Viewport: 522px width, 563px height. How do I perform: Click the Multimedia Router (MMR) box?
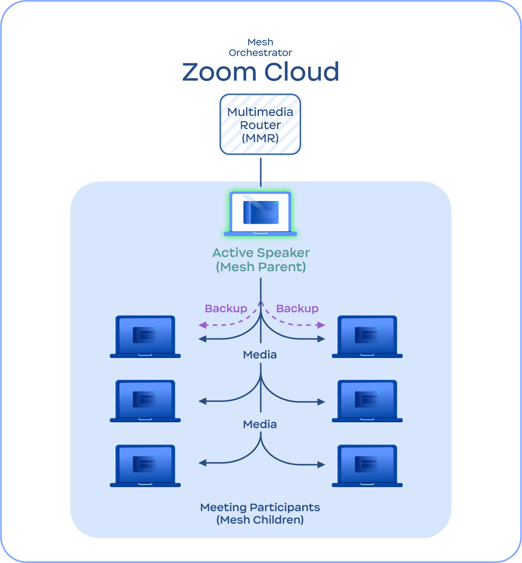point(260,124)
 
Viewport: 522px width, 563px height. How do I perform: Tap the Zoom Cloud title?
point(261,72)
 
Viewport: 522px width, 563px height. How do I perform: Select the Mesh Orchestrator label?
point(260,47)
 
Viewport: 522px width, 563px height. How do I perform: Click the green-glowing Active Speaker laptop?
point(260,214)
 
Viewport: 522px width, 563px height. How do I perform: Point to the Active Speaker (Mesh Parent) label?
point(261,260)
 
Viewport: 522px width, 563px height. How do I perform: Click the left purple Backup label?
point(226,309)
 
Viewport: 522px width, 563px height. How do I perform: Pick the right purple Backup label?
point(297,309)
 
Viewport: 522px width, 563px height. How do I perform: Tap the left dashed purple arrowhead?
point(203,325)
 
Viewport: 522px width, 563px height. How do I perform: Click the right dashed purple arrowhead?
point(321,325)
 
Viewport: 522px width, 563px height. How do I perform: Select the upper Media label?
point(260,355)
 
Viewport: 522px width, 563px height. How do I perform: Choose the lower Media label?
point(260,424)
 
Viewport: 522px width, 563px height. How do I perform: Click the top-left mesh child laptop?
point(145,337)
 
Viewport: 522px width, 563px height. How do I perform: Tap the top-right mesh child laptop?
point(367,337)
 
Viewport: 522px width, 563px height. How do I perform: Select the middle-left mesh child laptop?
point(145,401)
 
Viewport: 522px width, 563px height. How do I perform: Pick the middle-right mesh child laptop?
point(367,401)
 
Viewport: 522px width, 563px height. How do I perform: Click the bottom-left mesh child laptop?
point(145,466)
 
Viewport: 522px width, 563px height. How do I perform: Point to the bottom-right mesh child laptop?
point(367,466)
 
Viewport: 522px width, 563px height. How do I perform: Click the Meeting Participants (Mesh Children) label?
point(260,514)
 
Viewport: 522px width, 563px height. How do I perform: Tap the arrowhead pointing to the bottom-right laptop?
point(321,465)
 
